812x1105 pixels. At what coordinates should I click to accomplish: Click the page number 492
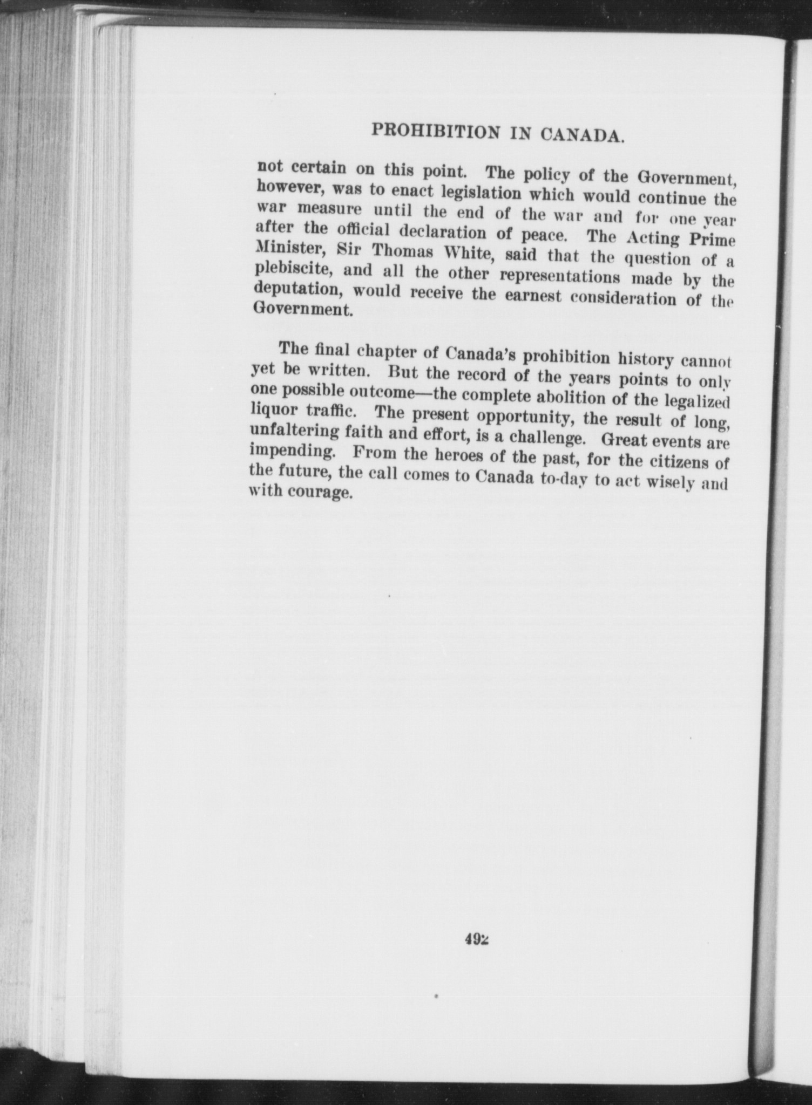477,938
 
